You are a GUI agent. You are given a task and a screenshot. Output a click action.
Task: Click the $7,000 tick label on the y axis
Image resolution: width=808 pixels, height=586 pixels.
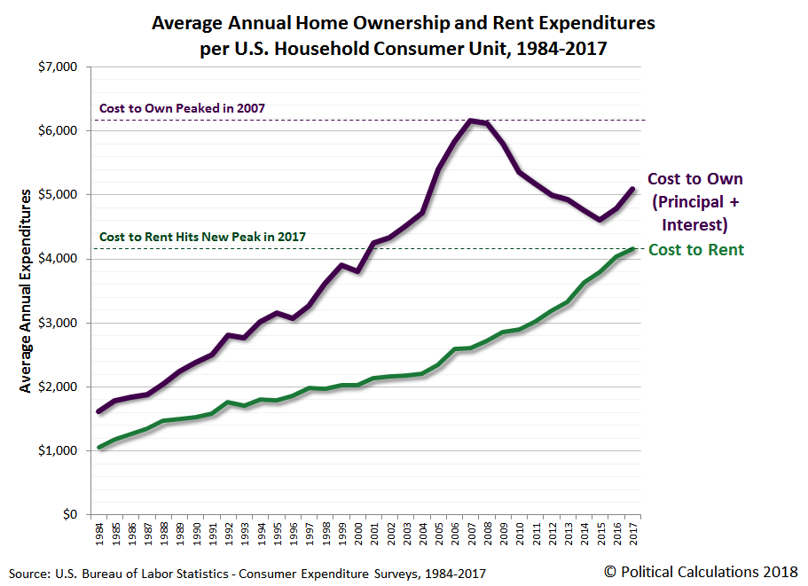click(x=58, y=67)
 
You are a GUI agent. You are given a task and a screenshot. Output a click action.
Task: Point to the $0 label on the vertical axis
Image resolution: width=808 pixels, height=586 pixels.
click(x=70, y=514)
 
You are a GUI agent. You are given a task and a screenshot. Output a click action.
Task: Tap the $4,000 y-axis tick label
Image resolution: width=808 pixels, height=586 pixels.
click(x=58, y=259)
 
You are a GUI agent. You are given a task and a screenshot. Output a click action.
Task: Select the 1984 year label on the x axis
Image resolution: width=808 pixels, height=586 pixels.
click(x=99, y=534)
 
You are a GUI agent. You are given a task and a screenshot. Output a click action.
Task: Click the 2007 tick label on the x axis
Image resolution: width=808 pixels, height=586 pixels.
click(x=472, y=534)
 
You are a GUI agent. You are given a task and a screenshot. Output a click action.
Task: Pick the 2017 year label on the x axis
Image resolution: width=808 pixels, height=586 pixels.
click(x=634, y=534)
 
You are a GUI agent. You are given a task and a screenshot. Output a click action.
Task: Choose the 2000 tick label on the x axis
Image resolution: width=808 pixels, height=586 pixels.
click(x=358, y=534)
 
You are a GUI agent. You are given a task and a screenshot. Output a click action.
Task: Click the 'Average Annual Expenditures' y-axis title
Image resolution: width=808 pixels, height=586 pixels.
click(x=25, y=291)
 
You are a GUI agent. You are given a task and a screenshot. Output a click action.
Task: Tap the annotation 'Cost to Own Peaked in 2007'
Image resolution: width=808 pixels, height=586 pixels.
click(x=182, y=108)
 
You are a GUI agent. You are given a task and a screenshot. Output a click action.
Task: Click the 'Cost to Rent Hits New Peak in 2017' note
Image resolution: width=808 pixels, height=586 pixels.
click(x=202, y=237)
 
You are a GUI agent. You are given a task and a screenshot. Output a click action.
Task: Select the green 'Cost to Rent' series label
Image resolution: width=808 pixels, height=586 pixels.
click(x=696, y=250)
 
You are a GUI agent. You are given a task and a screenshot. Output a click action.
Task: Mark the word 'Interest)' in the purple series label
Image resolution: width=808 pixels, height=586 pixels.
click(x=694, y=225)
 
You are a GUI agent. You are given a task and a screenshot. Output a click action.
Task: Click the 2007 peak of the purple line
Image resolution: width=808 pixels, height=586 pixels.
click(x=470, y=121)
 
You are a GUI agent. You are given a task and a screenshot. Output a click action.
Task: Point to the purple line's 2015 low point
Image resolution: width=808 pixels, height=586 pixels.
click(x=600, y=220)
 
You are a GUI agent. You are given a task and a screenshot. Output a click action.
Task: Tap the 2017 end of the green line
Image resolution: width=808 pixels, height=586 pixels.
click(x=633, y=249)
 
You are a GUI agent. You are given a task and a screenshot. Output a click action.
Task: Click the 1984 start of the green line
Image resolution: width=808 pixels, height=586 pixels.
click(x=99, y=447)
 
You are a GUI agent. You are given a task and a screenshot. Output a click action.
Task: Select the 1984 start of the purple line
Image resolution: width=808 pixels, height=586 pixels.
click(x=99, y=411)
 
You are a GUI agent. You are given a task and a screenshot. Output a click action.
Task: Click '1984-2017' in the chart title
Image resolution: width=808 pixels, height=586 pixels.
click(x=561, y=49)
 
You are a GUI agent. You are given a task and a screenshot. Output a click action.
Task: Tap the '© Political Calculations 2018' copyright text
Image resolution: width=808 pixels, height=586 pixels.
click(x=701, y=572)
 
